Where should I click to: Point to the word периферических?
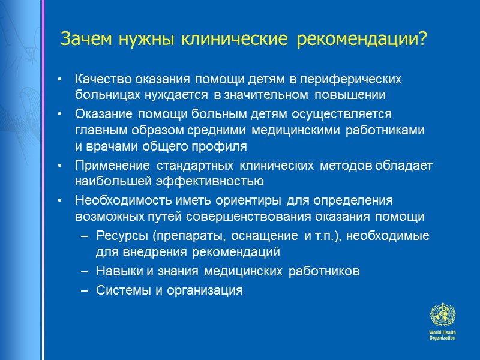pyautogui.click(x=359, y=79)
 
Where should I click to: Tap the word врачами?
pyautogui.click(x=106, y=146)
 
